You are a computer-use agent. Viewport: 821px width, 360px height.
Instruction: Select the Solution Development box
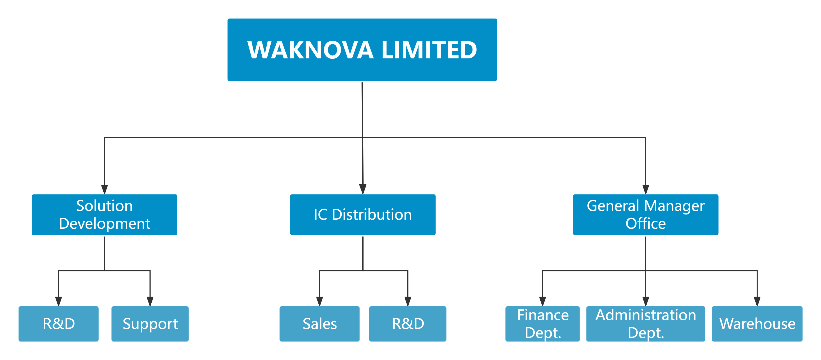point(105,214)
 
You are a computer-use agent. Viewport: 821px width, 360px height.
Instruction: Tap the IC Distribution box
point(363,214)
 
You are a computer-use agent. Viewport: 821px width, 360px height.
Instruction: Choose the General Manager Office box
point(646,214)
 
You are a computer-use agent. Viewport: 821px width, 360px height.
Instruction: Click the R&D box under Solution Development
point(59,324)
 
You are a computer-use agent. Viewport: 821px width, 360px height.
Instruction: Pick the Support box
point(150,324)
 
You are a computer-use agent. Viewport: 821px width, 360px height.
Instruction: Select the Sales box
point(320,324)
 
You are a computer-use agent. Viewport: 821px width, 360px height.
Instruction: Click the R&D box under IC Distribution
point(408,324)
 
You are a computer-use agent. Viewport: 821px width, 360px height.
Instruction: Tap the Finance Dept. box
point(543,324)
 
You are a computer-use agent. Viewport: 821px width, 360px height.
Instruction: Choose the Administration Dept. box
point(646,324)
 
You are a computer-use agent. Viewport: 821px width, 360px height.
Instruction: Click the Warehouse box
point(757,324)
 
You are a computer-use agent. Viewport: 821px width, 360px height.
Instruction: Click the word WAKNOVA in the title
point(310,50)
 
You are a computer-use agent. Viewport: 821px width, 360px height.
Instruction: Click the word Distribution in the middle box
point(372,214)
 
